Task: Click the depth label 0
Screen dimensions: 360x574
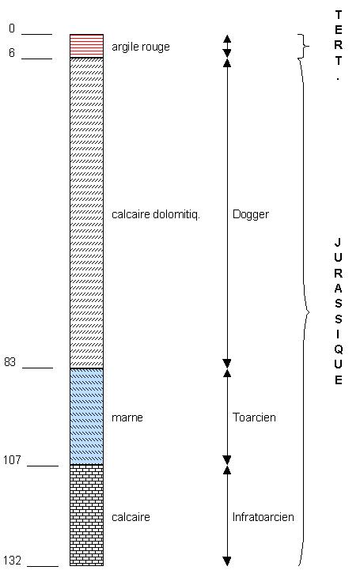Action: point(12,28)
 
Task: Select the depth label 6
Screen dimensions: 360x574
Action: point(12,53)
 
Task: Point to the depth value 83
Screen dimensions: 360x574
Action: point(9,361)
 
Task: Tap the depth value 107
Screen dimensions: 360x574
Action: point(12,459)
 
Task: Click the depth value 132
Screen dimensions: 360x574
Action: point(12,560)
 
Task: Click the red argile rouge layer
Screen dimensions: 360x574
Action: point(87,46)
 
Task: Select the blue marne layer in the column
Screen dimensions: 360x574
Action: point(87,416)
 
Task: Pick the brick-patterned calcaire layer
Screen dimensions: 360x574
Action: point(87,515)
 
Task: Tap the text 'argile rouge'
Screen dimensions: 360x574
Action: point(141,47)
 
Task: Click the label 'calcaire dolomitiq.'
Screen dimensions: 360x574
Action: point(156,214)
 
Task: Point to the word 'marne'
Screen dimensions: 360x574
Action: point(127,417)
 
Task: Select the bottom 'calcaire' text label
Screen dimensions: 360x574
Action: point(131,517)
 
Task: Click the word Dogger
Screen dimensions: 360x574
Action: point(251,214)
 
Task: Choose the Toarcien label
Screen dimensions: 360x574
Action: point(254,417)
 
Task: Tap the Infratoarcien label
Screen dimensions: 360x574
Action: point(263,517)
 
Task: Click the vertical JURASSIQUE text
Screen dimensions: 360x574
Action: point(338,312)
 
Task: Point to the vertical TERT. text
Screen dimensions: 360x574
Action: point(338,45)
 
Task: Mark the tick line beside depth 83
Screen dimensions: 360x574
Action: point(37,367)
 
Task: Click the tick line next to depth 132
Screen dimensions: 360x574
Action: point(43,566)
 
